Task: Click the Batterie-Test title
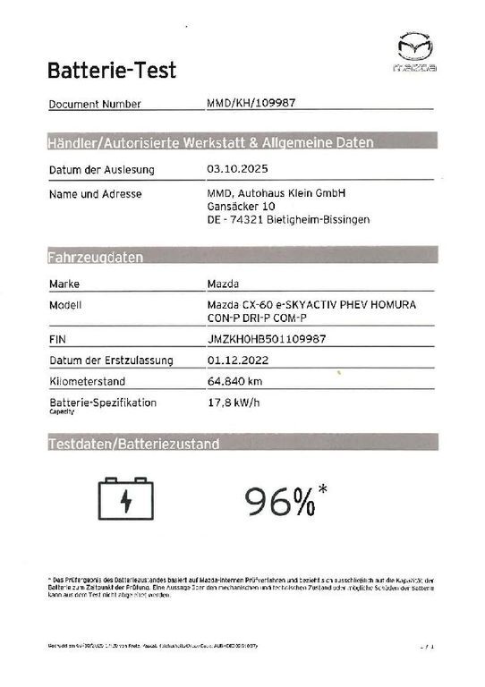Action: (111, 70)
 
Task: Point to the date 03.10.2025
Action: (236, 169)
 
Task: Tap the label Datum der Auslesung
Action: (102, 169)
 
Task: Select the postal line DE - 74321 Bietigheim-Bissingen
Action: (289, 220)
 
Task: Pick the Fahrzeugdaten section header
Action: (95, 258)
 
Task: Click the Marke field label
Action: (65, 284)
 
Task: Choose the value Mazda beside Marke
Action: (223, 284)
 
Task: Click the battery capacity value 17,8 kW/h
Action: (234, 403)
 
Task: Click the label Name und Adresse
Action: (97, 193)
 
